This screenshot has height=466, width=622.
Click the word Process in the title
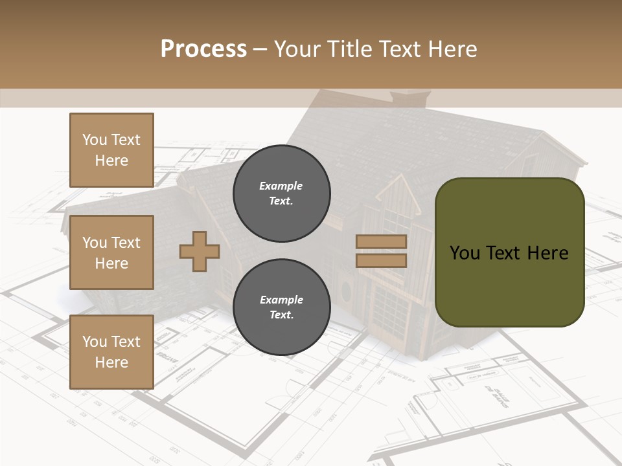(x=203, y=49)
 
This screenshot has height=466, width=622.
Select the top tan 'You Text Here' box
(x=111, y=150)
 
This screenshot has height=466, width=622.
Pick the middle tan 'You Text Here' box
(x=111, y=252)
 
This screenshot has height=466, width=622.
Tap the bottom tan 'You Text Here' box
(x=111, y=352)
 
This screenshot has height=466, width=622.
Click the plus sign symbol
(x=200, y=251)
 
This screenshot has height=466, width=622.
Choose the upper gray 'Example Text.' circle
(x=281, y=193)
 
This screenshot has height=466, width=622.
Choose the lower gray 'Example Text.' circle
(x=281, y=307)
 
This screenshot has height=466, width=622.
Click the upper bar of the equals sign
(x=381, y=242)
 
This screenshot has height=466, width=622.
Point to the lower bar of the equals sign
(x=381, y=260)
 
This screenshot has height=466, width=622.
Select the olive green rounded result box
(x=509, y=252)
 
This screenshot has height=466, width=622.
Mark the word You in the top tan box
(x=94, y=140)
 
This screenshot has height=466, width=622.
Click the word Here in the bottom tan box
(x=111, y=362)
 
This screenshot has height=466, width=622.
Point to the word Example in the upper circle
(x=281, y=186)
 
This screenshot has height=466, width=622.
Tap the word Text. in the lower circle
(x=281, y=315)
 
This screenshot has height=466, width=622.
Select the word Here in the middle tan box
(x=111, y=263)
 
